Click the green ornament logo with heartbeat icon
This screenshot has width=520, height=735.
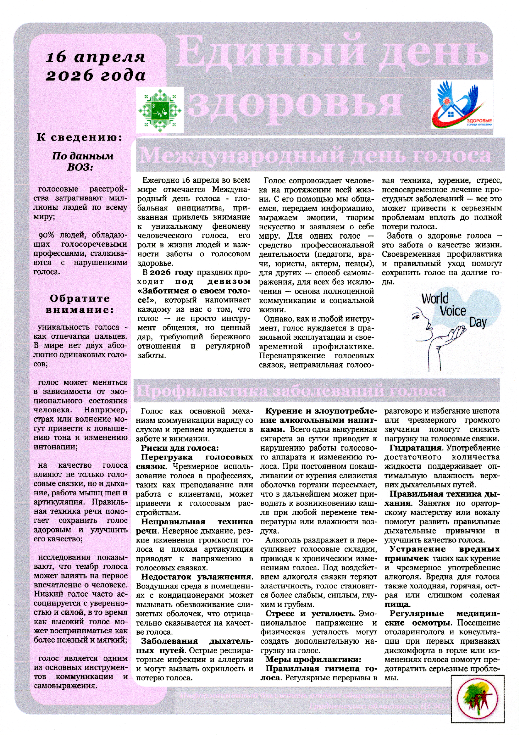(160, 110)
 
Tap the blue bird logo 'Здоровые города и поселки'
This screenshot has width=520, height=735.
(462, 104)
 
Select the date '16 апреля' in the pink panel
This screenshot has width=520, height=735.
(96, 57)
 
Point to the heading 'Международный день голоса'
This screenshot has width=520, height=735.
(315, 156)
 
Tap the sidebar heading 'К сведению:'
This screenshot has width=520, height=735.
(80, 137)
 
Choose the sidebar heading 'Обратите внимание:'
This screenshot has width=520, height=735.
(80, 304)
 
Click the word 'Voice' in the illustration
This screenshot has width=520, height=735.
(453, 311)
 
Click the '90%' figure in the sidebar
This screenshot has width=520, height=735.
(47, 235)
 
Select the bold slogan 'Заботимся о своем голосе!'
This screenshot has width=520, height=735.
(194, 295)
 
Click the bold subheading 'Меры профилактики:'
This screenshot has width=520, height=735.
(313, 659)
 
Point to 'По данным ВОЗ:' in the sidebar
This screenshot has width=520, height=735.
(82, 161)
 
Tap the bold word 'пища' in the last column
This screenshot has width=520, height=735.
(397, 604)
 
